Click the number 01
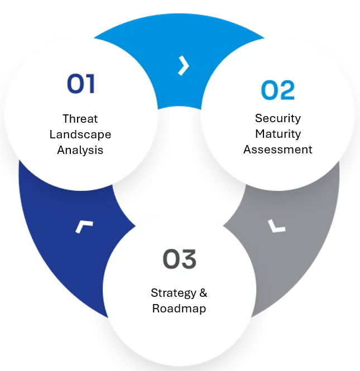(81, 83)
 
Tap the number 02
(278, 90)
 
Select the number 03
(179, 259)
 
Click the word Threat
(80, 118)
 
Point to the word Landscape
(80, 134)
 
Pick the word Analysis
(80, 150)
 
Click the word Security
(278, 118)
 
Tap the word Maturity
(278, 134)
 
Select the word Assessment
(278, 150)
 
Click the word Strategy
(174, 293)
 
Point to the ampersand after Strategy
(203, 293)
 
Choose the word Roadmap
(179, 309)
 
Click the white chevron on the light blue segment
(184, 66)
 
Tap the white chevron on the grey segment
(276, 226)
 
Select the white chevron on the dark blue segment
(84, 227)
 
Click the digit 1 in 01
(90, 84)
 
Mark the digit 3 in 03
(189, 259)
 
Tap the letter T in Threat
(66, 118)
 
